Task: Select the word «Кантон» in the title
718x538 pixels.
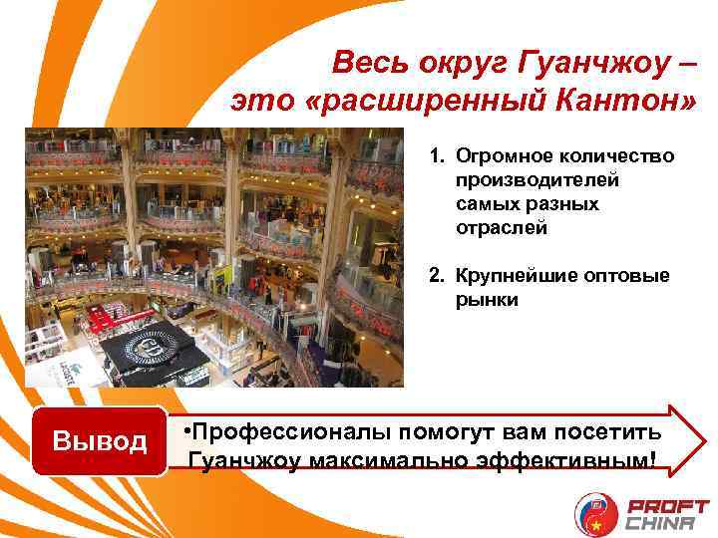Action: [616, 102]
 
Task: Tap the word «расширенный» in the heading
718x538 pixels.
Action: [419, 102]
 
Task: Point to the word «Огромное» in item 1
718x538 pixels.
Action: [503, 157]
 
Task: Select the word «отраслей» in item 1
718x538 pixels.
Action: [502, 228]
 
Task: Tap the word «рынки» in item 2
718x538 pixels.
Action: [487, 299]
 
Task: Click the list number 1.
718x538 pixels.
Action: [435, 157]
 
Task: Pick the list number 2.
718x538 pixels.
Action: [435, 276]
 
